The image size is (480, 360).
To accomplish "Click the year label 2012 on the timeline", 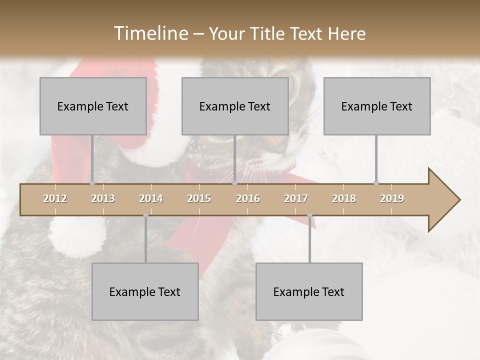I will (x=55, y=198).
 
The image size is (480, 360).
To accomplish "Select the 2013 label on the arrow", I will (x=103, y=198).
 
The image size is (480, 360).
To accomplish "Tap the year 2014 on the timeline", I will (x=151, y=198).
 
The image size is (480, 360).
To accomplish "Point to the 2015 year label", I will (x=199, y=198).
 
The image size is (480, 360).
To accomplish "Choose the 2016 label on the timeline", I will (x=248, y=198).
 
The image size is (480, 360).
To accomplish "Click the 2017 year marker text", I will (x=296, y=198).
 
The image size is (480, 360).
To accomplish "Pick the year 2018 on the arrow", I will (x=344, y=198).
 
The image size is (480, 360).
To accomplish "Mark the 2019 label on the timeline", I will (x=392, y=198).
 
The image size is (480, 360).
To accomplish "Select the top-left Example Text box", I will (x=93, y=106).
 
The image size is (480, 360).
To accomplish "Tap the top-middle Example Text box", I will (x=235, y=106).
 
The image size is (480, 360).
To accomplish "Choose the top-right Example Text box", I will (x=377, y=106).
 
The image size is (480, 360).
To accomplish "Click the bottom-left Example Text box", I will (x=145, y=291).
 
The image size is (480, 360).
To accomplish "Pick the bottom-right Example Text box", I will (x=309, y=291).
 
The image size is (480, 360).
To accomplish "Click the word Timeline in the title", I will (x=149, y=33).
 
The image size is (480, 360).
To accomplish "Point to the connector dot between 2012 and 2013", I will (x=92, y=183).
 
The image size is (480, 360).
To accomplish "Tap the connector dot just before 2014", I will (x=145, y=215).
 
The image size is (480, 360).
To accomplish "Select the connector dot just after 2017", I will (x=309, y=215).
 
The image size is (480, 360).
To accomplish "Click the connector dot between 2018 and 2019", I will (x=376, y=183).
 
